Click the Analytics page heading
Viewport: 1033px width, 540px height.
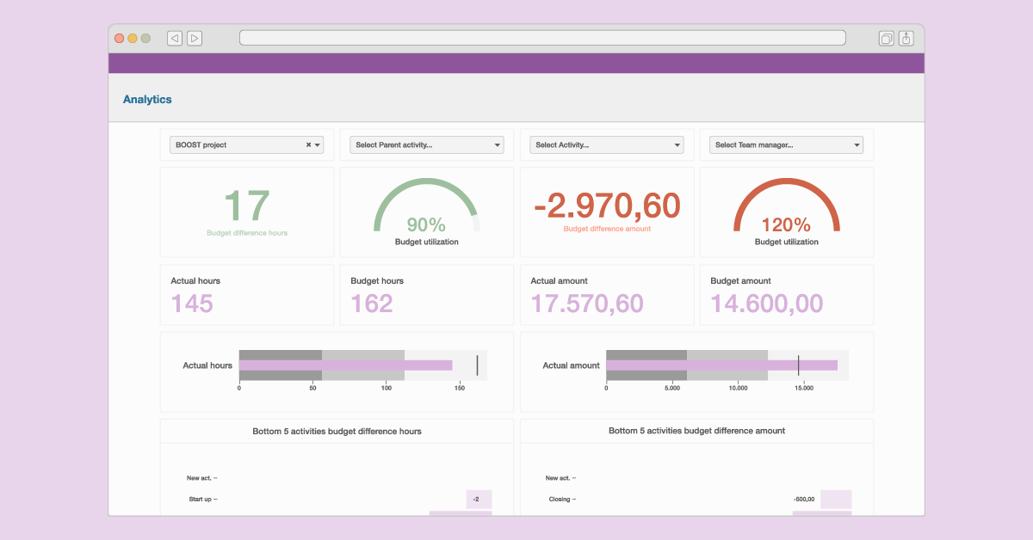[147, 100]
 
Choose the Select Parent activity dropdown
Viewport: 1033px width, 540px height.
[426, 145]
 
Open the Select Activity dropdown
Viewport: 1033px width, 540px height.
[606, 145]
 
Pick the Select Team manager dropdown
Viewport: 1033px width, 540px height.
[786, 145]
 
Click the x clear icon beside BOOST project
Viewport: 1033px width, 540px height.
[308, 145]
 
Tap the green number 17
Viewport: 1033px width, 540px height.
[247, 206]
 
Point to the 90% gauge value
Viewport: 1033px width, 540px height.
[426, 225]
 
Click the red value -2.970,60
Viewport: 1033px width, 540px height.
[607, 206]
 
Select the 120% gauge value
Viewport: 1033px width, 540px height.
[786, 225]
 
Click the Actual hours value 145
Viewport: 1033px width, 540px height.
[192, 304]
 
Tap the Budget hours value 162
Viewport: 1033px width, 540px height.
[372, 304]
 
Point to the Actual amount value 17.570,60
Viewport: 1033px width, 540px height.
[587, 304]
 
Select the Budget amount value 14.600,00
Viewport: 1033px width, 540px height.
[766, 304]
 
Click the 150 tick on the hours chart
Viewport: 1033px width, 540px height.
[459, 389]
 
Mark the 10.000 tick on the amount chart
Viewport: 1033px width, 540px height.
[738, 389]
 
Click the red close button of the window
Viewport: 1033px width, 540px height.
[119, 38]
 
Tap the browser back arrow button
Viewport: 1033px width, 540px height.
[175, 38]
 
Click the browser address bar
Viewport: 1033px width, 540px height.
[542, 38]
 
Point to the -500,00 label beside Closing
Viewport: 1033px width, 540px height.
[804, 499]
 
